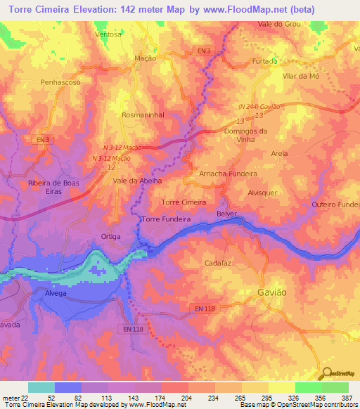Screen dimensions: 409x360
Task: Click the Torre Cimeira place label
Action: pos(184,202)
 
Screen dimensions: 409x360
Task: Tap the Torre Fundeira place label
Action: pos(167,219)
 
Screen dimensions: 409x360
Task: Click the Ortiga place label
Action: pos(112,237)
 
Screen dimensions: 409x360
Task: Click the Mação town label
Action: pos(145,59)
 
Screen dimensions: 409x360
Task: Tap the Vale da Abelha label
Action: pos(138,181)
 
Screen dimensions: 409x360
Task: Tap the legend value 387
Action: pos(345,398)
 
